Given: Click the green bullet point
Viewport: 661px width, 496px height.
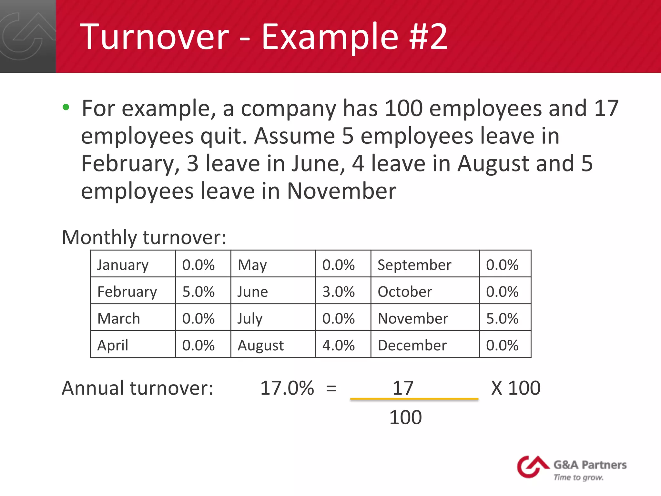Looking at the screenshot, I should point(66,107).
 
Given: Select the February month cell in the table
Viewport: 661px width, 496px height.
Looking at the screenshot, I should point(127,292).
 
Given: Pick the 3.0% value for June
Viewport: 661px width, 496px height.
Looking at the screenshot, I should point(338,292).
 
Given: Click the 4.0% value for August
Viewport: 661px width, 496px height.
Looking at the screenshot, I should point(338,345).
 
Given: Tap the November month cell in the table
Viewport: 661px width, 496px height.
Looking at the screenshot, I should point(413,318).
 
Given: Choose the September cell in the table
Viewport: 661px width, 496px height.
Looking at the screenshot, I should point(414,265).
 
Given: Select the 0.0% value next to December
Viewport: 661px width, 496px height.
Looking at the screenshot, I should point(502,345).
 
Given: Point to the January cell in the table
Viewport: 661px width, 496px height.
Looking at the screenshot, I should point(123,265).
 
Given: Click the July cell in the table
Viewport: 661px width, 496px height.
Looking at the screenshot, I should point(250,318).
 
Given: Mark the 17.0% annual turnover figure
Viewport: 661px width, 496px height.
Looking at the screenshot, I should point(287,388).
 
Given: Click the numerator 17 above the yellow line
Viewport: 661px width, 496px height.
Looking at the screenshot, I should point(402,388).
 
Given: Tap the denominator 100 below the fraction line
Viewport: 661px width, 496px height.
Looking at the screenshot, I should point(405,417).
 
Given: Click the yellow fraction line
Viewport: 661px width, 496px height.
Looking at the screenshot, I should point(414,399).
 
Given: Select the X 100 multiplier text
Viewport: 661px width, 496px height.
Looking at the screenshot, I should point(515,388).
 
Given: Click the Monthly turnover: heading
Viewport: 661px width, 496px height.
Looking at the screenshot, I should point(144,237).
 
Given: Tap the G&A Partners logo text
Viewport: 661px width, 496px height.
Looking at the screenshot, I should point(590,465).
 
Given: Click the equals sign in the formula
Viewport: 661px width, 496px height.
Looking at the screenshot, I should point(331,388).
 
